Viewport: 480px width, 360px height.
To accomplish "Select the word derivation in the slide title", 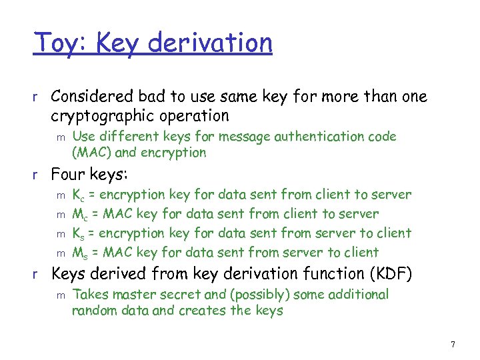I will coord(211,43).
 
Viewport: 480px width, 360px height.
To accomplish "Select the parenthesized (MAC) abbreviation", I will coord(89,153).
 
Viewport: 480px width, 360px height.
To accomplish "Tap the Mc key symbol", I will coord(79,215).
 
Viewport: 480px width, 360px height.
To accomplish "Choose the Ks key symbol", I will coord(78,234).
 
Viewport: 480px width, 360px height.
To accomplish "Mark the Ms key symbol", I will coord(79,253).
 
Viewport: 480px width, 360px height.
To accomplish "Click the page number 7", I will coord(453,345).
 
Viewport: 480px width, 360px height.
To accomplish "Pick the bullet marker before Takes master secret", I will coord(60,295).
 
